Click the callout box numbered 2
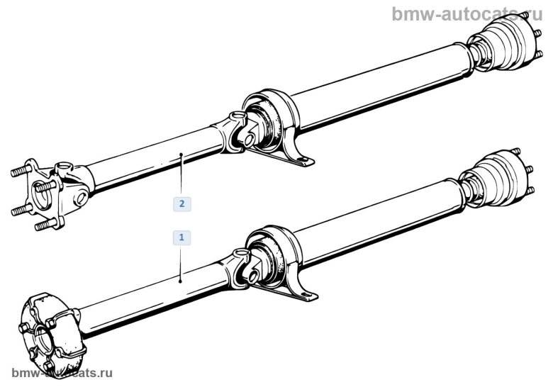click(182, 203)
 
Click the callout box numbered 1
click(182, 237)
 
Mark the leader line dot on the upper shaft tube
click(182, 153)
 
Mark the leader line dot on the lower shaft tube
click(182, 281)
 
